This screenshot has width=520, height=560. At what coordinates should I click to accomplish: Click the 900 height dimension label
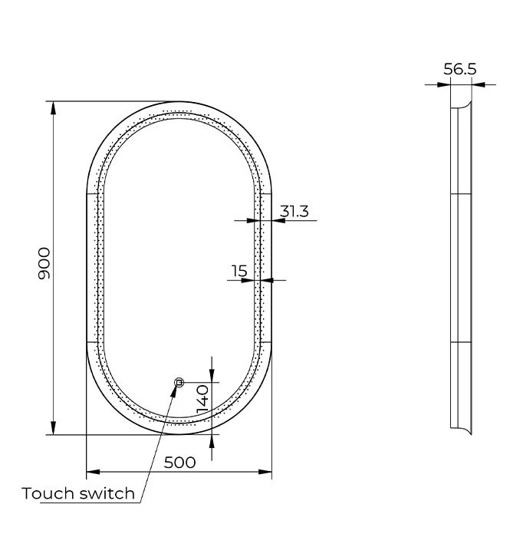(x=44, y=264)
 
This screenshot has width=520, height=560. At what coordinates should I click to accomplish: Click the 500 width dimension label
(x=179, y=463)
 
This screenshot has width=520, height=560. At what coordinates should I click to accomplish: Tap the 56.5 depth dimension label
(x=460, y=69)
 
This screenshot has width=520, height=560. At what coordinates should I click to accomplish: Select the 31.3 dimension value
(x=294, y=211)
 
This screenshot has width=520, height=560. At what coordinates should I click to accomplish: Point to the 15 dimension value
(x=239, y=271)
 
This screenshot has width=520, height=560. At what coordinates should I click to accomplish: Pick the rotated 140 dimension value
(x=202, y=399)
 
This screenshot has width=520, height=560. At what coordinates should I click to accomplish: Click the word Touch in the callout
(x=48, y=493)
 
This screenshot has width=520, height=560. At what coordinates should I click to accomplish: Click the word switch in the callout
(x=107, y=493)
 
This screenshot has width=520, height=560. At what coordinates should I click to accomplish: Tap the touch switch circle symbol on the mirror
(x=179, y=383)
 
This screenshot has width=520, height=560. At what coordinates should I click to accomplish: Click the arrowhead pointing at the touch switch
(x=174, y=392)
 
